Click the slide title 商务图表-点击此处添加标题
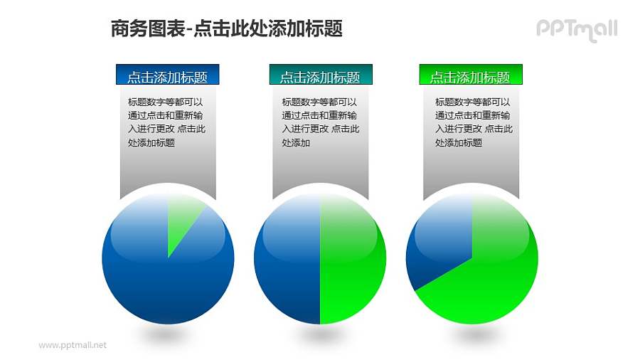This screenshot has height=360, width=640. tap(227, 28)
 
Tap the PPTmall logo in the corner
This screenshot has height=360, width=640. tap(576, 29)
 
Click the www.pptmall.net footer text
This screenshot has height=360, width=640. tap(72, 345)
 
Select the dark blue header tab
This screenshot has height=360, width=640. tap(167, 75)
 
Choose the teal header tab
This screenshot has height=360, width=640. tap(320, 75)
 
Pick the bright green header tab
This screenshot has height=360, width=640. tap(471, 75)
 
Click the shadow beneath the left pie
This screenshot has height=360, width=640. tap(168, 333)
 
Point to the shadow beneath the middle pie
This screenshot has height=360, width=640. tap(320, 333)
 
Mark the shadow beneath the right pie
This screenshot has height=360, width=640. tap(472, 333)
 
